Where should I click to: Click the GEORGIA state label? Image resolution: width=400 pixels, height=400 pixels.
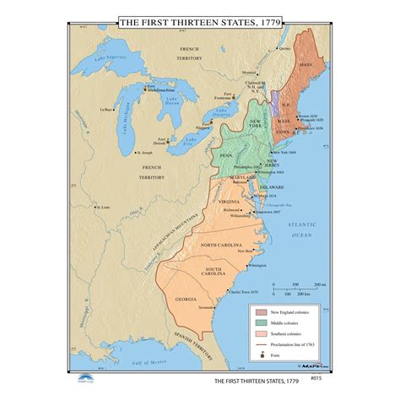[186, 300]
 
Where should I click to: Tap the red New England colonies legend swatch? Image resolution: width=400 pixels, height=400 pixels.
[263, 312]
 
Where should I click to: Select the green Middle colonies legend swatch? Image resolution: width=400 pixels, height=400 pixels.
[263, 323]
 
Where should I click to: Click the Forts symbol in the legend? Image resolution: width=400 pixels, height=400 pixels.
[263, 355]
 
